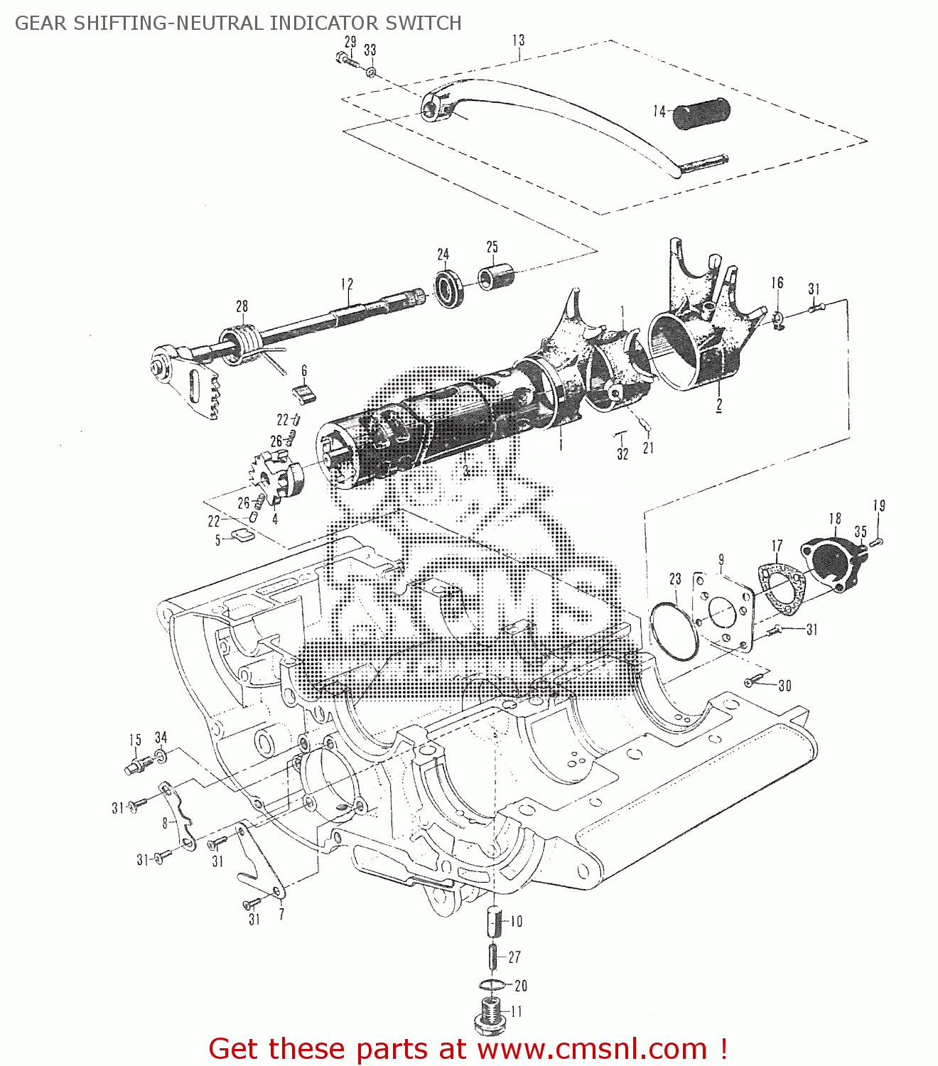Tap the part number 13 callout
tap(519, 40)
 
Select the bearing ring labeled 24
tap(449, 289)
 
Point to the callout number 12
tap(347, 284)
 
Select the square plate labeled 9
tap(723, 610)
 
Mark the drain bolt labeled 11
tap(488, 1015)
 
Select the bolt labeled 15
tap(138, 765)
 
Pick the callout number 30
tap(785, 686)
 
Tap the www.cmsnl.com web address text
tap(591, 1049)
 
